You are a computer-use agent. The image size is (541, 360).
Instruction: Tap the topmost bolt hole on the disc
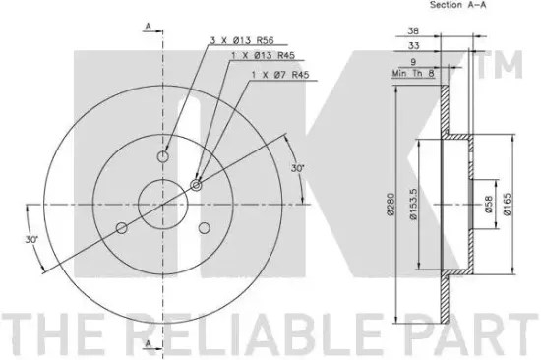tap(163, 154)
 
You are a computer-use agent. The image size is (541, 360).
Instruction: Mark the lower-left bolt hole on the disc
tap(121, 228)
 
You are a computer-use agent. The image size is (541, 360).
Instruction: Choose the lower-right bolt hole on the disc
tap(206, 228)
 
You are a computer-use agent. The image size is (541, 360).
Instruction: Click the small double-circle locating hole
tap(197, 184)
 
